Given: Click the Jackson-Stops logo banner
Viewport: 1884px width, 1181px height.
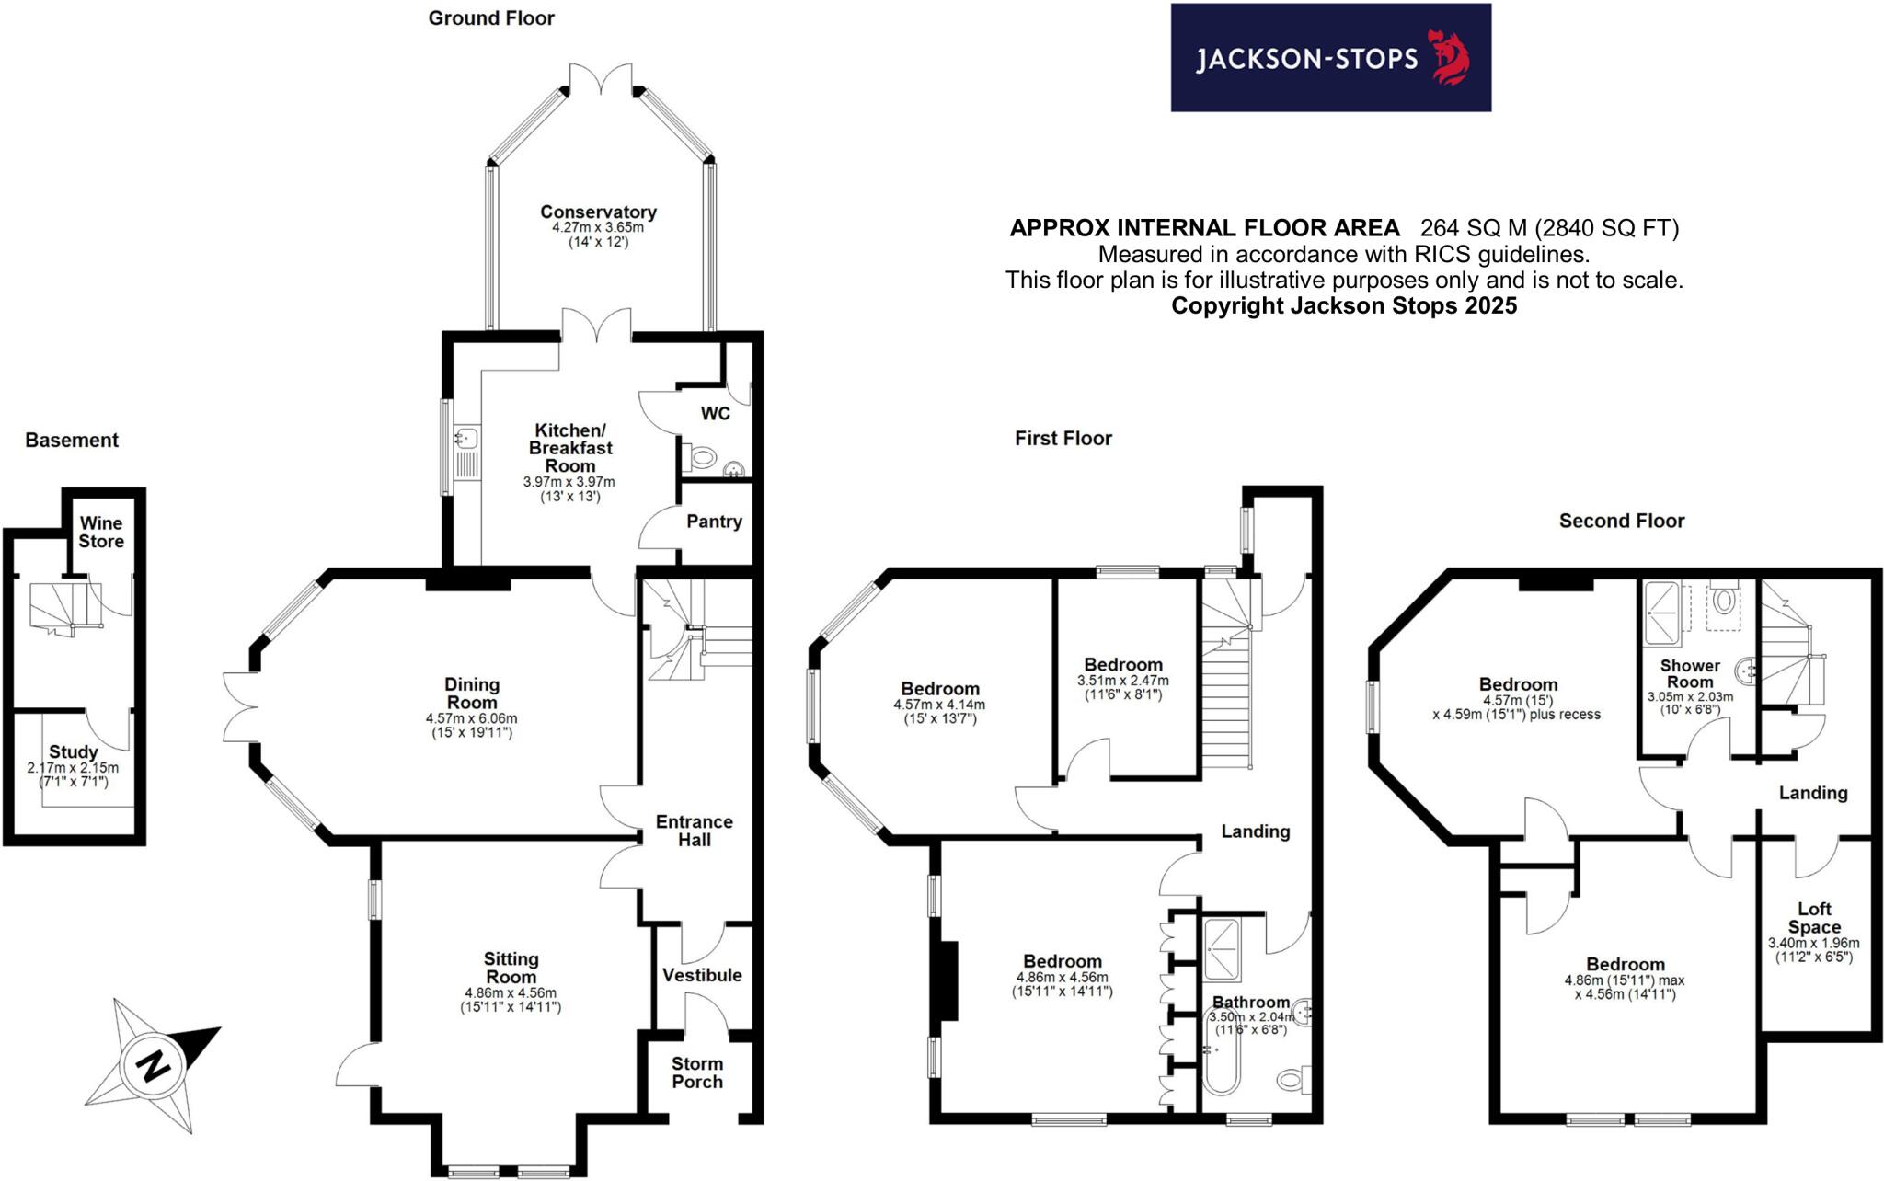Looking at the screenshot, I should [1329, 58].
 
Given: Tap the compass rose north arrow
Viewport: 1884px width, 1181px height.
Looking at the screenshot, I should [153, 1065].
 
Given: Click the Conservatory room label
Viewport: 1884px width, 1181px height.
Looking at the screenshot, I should [598, 212].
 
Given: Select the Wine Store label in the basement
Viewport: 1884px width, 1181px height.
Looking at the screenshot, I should [100, 533].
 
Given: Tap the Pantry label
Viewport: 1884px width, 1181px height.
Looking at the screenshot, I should [714, 522].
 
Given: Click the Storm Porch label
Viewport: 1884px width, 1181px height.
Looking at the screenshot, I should [697, 1072].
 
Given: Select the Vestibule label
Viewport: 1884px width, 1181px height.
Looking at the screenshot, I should [702, 975].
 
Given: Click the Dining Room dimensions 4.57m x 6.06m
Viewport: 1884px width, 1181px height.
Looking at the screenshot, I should [471, 718].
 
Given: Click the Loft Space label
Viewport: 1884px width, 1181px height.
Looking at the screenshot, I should [1814, 918].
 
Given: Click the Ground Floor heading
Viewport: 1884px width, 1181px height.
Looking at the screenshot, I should [491, 18].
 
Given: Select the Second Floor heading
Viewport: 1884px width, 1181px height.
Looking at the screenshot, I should [1621, 522].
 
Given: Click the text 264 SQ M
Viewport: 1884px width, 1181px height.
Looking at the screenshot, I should [1473, 228].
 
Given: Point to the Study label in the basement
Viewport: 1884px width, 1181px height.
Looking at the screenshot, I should [74, 752].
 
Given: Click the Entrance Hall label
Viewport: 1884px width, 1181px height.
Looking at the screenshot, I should [694, 831].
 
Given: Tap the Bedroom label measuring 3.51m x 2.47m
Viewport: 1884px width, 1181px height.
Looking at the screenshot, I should [1122, 665].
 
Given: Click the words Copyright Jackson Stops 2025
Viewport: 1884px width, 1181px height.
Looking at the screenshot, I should [1343, 306].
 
